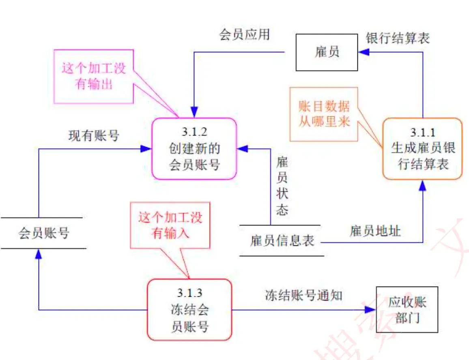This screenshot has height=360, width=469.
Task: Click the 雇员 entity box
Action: [x=327, y=52]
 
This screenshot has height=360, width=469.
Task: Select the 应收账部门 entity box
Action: [x=407, y=309]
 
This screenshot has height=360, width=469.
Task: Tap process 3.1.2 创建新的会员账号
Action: [x=194, y=149]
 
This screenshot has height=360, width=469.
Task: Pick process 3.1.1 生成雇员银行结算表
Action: [x=422, y=148]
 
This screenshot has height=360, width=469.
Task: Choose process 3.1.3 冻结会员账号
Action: [x=189, y=309]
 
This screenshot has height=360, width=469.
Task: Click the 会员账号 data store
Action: [x=43, y=233]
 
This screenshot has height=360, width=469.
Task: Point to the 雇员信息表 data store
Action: [x=282, y=241]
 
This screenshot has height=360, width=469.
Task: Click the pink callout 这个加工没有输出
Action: [x=94, y=76]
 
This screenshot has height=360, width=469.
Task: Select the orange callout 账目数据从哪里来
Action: [x=324, y=114]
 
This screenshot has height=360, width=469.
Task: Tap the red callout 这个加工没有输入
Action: [x=170, y=225]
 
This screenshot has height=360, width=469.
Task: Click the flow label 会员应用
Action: [x=244, y=34]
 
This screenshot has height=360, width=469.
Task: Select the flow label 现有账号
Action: [x=94, y=136]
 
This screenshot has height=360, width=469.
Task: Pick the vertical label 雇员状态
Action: [x=282, y=186]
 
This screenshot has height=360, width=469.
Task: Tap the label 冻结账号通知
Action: [x=304, y=295]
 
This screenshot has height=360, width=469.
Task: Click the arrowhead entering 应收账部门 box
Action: [x=370, y=310]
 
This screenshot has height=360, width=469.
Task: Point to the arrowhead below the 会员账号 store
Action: [x=39, y=254]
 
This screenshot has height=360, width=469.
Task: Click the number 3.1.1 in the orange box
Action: [x=422, y=133]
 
